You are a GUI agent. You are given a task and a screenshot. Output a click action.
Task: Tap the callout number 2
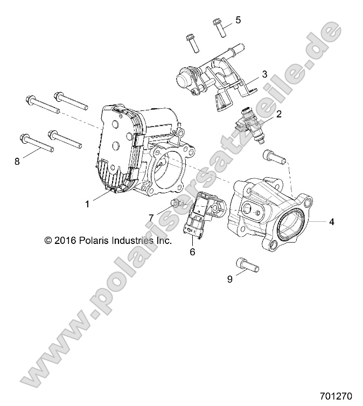pyautogui.click(x=278, y=114)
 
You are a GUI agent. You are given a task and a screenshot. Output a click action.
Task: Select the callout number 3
pyautogui.click(x=264, y=74)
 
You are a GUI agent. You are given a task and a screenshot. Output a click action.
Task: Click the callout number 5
pyautogui.click(x=238, y=20)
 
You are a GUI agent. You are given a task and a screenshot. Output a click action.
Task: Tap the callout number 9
pyautogui.click(x=229, y=279)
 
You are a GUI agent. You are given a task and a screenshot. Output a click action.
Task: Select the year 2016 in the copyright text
pyautogui.click(x=64, y=241)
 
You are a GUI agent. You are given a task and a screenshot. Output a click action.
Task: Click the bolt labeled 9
pyautogui.click(x=247, y=265)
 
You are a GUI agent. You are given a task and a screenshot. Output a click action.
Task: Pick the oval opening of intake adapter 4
pyautogui.click(x=280, y=223)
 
